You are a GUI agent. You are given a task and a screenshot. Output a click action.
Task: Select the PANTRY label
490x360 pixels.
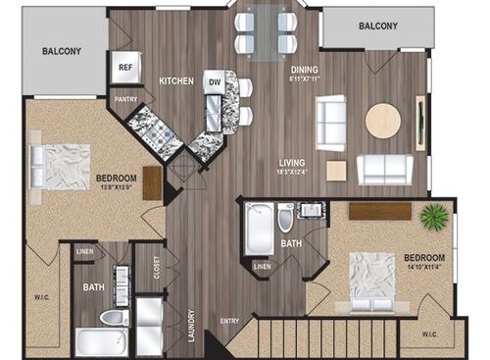click(125, 98)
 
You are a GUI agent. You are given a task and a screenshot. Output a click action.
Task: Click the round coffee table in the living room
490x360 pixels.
click(382, 121)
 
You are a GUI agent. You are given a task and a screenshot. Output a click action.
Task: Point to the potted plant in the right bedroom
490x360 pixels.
click(432, 215)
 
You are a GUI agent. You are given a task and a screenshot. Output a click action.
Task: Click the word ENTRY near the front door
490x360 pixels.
click(229, 320)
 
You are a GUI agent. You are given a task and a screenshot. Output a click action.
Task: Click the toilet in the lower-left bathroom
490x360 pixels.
click(112, 318)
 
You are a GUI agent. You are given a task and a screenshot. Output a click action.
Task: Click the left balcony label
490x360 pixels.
click(62, 52)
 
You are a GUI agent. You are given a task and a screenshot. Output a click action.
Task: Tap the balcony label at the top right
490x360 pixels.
click(377, 26)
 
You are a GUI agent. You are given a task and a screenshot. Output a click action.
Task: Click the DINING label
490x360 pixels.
click(304, 70)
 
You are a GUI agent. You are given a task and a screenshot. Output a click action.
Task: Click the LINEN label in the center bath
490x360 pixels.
click(262, 266)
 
